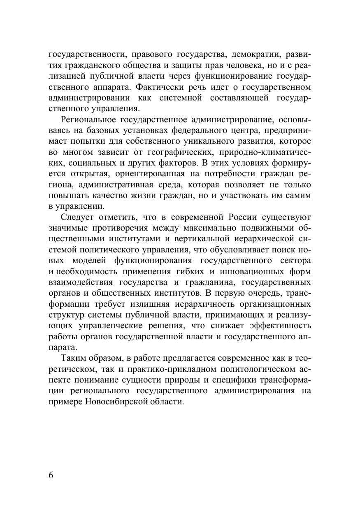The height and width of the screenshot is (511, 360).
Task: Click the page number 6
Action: (x=51, y=474)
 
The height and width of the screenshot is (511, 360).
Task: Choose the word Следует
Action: (x=77, y=217)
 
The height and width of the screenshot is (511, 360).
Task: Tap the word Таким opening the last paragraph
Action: (x=73, y=358)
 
